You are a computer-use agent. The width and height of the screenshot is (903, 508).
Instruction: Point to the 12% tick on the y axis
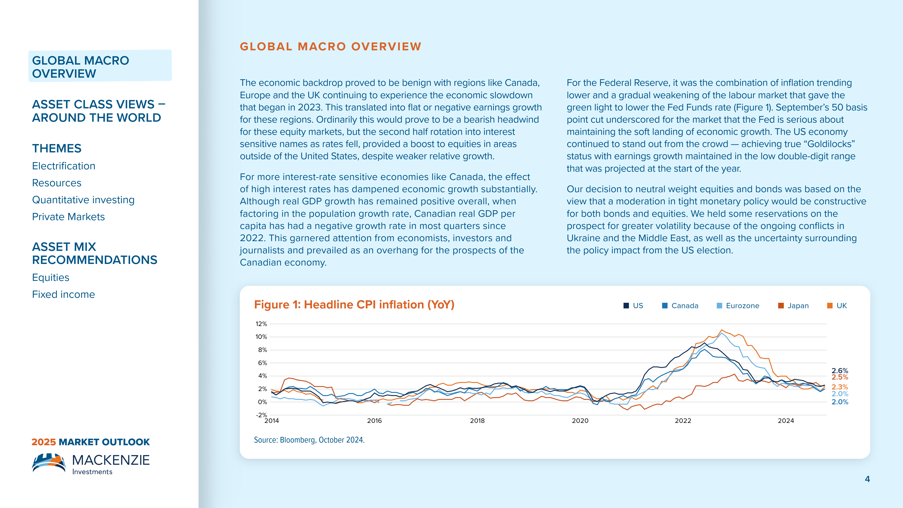coord(261,324)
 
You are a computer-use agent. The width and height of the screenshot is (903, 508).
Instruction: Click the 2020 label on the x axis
coord(580,421)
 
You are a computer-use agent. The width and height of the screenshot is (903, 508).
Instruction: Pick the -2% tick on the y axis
coord(261,415)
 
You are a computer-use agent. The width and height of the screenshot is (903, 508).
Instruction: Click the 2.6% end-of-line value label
coord(840,371)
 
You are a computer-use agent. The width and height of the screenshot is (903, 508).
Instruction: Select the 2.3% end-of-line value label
coord(840,387)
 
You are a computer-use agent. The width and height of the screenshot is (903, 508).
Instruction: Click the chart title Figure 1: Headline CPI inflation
coord(354,305)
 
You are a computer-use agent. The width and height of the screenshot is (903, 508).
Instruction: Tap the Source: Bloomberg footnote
coord(309,440)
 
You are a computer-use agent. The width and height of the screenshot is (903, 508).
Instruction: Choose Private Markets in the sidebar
coord(68,217)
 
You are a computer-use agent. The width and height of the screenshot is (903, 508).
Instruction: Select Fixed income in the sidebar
coord(63,294)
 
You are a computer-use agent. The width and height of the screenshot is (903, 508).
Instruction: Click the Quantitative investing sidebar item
coord(83,200)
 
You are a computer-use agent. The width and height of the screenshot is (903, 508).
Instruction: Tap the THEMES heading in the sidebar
coord(57,148)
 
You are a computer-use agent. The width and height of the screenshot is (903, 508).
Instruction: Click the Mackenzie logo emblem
coord(49,463)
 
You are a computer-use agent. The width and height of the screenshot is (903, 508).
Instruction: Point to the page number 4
coord(867,479)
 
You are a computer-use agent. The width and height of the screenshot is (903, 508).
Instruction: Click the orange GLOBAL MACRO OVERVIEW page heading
coord(330,47)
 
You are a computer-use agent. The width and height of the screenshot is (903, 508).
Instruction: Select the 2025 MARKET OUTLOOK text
coord(91,442)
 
